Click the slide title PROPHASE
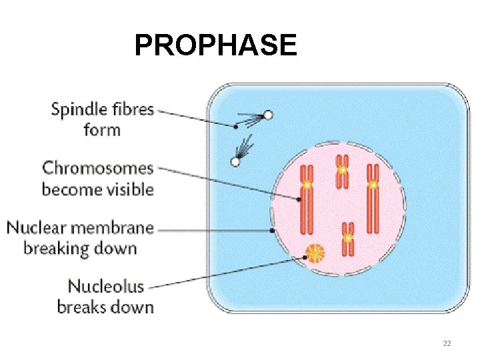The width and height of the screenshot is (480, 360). click(215, 45)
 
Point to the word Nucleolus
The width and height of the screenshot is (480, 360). click(106, 287)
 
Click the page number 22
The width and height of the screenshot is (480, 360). click(447, 343)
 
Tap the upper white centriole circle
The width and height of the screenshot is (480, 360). click(268, 115)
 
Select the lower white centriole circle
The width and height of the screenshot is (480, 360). click(235, 161)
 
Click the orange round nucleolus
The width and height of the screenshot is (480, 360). click(314, 253)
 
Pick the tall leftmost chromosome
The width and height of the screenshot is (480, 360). click(307, 199)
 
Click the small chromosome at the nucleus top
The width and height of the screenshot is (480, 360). click(342, 171)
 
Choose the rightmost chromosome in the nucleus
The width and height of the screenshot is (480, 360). click(373, 199)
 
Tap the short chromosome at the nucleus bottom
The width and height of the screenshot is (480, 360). click(348, 239)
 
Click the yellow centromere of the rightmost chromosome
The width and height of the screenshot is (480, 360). click(373, 183)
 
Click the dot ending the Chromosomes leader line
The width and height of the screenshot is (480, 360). click(299, 198)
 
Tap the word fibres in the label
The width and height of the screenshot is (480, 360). click(130, 110)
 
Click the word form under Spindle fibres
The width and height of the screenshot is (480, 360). click(102, 129)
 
